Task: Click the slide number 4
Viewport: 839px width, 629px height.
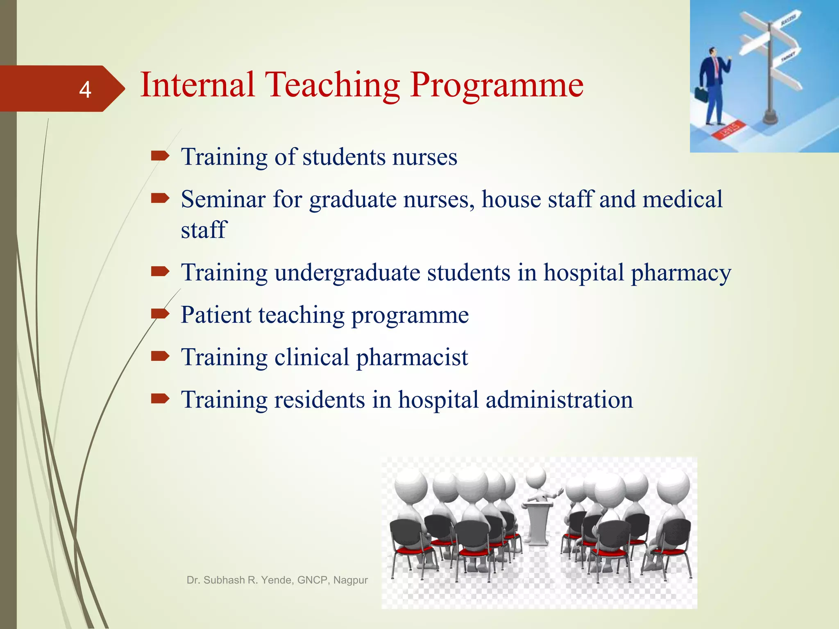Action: click(x=85, y=89)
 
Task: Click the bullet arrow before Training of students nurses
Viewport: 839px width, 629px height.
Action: click(x=160, y=156)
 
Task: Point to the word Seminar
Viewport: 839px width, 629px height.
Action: click(x=223, y=199)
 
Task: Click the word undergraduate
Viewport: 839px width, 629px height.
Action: click(x=347, y=273)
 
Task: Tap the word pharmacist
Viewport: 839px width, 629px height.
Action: click(x=412, y=357)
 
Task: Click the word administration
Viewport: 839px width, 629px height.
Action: click(x=559, y=400)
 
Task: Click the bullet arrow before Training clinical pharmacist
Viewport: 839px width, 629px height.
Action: click(x=160, y=356)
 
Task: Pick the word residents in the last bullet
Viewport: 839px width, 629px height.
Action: click(x=320, y=400)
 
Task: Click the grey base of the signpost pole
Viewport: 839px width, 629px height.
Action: click(x=770, y=119)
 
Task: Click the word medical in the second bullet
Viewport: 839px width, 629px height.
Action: click(x=682, y=199)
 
